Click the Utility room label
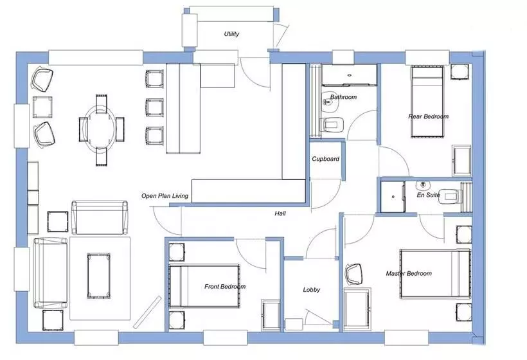click(231, 34)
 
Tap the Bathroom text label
click(343, 97)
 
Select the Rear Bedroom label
click(429, 116)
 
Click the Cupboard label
click(325, 159)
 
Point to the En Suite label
click(428, 195)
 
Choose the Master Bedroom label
click(409, 274)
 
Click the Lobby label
click(311, 290)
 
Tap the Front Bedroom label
click(225, 287)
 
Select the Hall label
click(280, 213)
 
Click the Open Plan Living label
click(165, 196)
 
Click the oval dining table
click(99, 129)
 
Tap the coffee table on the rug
click(99, 276)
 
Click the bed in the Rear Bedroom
click(427, 102)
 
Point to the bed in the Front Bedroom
click(204, 286)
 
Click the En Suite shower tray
click(393, 197)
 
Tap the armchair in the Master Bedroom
click(354, 274)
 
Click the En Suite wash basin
click(424, 185)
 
